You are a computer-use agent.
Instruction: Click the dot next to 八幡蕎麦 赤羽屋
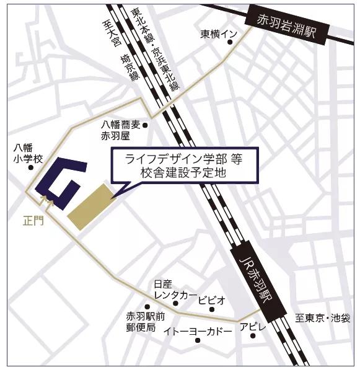point(145,125)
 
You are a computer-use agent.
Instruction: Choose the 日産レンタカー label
point(175,289)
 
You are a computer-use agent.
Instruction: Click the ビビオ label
point(212,300)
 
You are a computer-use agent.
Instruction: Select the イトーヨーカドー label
point(198,332)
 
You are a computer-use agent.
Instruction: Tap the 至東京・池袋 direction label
point(323,319)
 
